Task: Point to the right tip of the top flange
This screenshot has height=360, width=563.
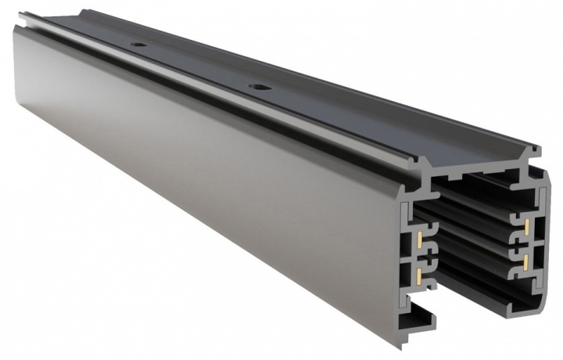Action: (x=539, y=148)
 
